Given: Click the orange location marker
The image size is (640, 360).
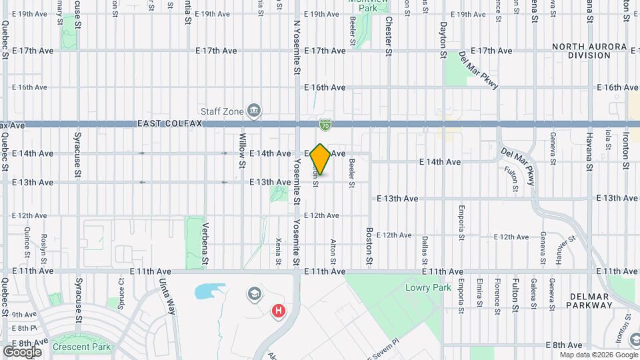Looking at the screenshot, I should tap(321, 159).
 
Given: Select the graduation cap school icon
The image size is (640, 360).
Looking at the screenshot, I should tap(254, 293).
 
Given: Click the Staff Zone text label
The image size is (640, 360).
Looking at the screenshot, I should tap(222, 111).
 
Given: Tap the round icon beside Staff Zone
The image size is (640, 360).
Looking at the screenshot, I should tap(253, 110).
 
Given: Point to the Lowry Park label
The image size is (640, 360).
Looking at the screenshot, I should tap(429, 288).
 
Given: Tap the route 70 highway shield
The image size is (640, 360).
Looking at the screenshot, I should tap(325, 124).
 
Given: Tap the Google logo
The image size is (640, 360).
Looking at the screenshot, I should tap(22, 351).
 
